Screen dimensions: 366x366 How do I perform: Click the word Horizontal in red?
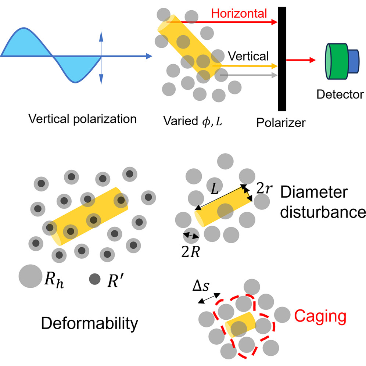coord(239,14)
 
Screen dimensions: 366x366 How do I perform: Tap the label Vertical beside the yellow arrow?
coord(248,56)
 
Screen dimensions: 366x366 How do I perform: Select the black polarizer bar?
coord(282,59)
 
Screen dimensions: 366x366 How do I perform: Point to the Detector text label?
coord(340,94)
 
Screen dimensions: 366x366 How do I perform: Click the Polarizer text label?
coord(281,122)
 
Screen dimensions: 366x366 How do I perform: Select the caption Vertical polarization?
coord(82,119)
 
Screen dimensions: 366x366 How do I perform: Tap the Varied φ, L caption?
coord(193,121)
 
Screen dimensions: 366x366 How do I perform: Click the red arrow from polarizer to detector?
coord(301,60)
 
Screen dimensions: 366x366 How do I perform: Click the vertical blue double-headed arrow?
coord(101,58)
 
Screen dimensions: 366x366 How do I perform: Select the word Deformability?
coord(90,324)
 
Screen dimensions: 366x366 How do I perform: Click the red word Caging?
coord(320,316)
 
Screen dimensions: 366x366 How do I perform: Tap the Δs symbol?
coord(201,286)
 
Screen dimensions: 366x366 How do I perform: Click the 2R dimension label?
coord(190,252)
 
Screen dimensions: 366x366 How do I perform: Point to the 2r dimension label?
coord(264,188)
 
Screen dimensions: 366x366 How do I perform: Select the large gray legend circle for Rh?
coord(30,276)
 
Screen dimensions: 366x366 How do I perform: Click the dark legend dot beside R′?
coord(95,279)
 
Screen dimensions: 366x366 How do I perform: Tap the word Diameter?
coord(314,192)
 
